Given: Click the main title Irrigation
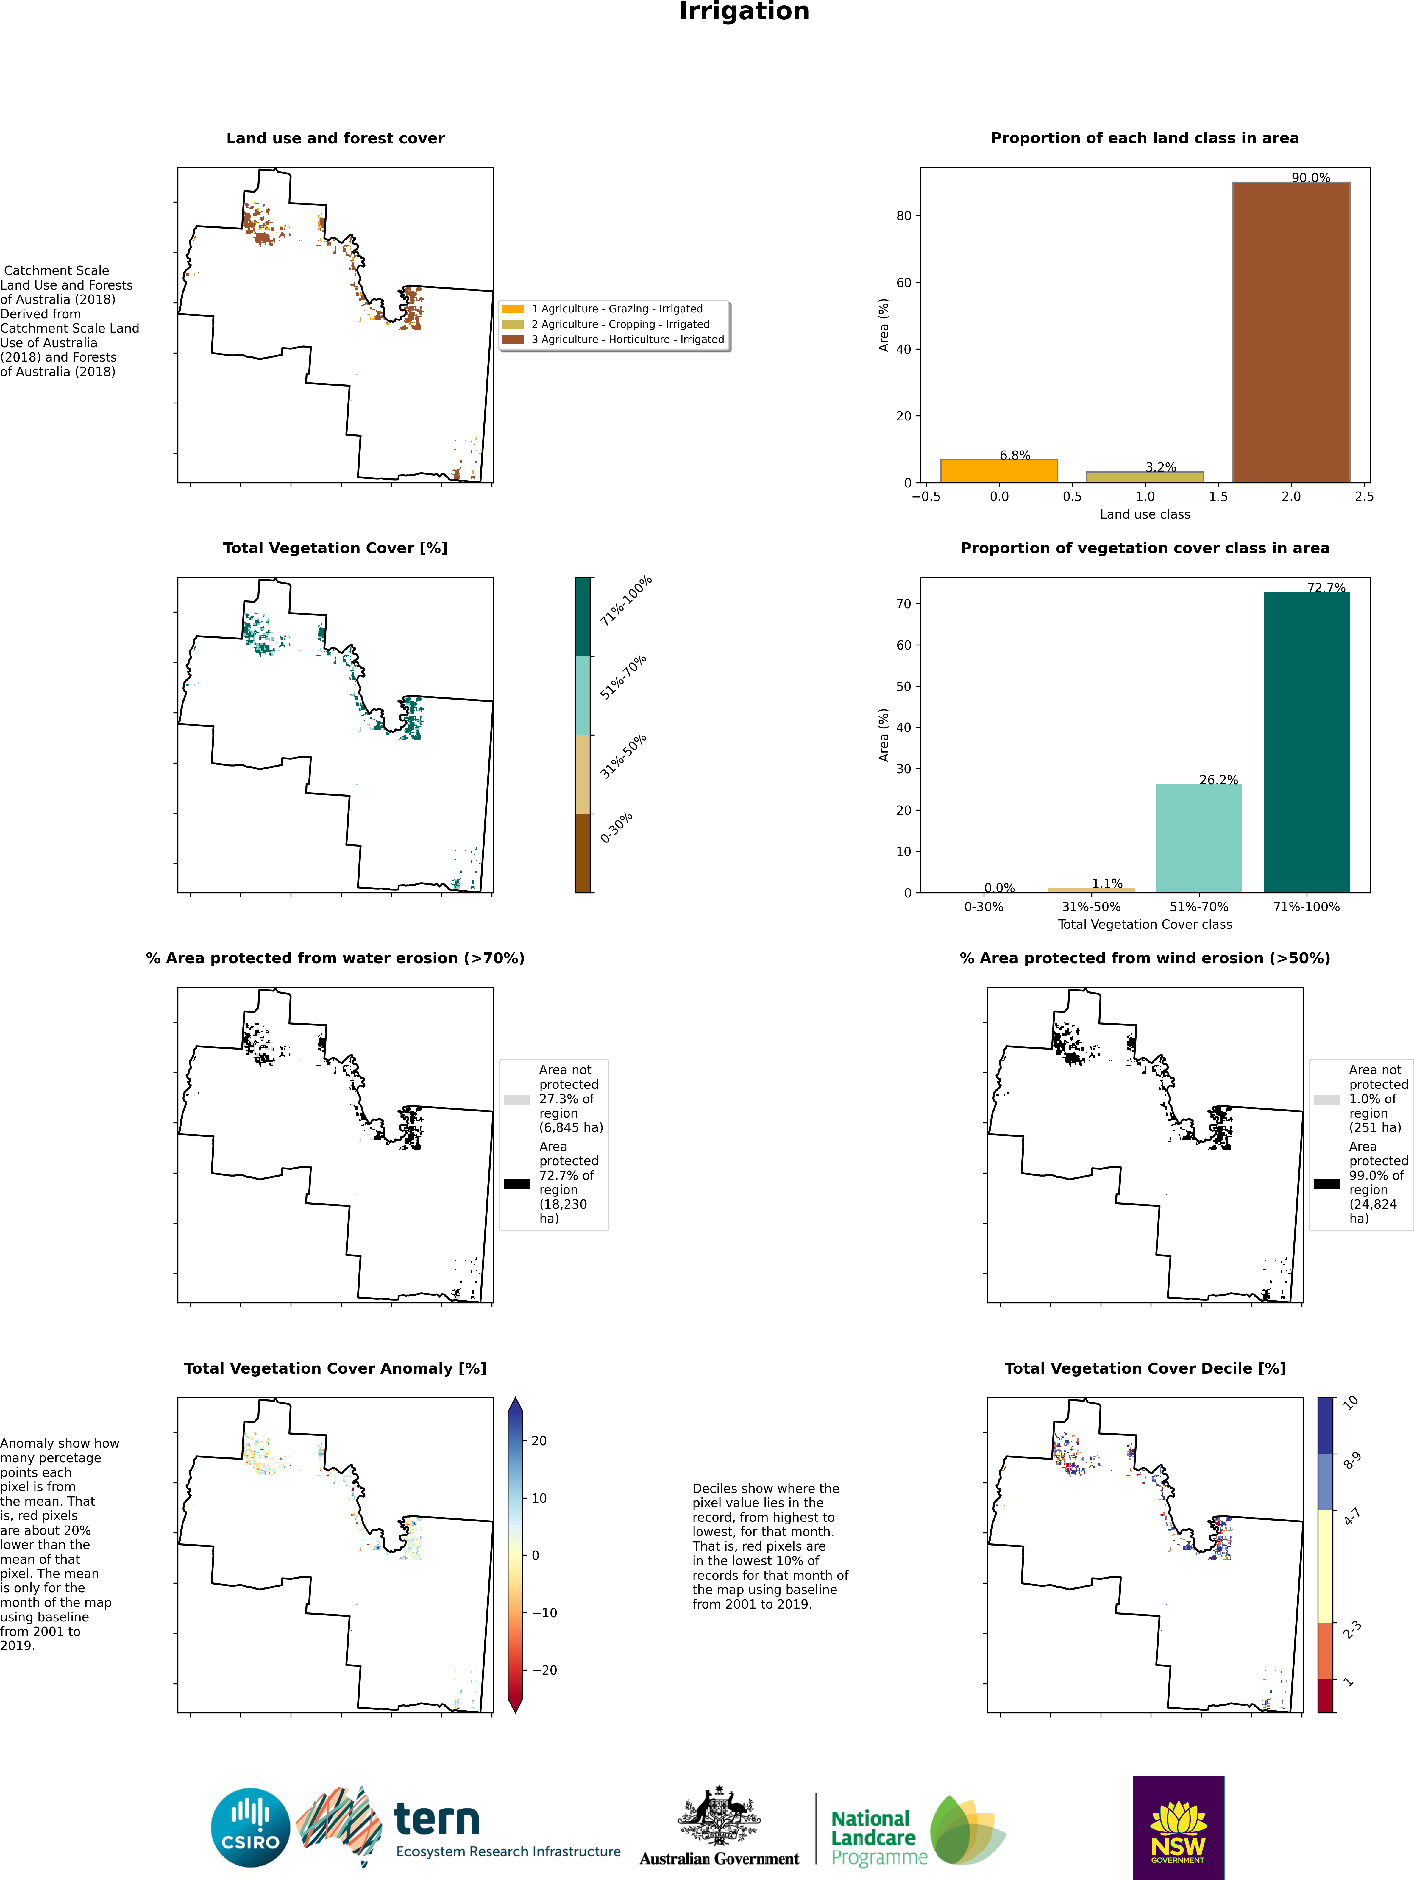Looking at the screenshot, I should [x=744, y=12].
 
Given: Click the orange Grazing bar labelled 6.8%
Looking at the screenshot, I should [x=999, y=471].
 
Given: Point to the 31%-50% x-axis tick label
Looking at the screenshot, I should [x=1091, y=907].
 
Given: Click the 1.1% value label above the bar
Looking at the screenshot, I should [x=1107, y=884].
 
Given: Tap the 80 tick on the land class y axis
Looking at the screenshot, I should [x=903, y=216].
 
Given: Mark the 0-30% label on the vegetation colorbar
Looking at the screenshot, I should [x=617, y=828].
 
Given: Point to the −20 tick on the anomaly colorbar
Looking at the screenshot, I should [x=544, y=1670].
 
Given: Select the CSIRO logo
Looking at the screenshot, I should [x=251, y=1827].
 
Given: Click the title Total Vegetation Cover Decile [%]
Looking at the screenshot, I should [x=1145, y=1368].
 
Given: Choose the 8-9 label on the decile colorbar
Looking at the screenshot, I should [x=1352, y=1461].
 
